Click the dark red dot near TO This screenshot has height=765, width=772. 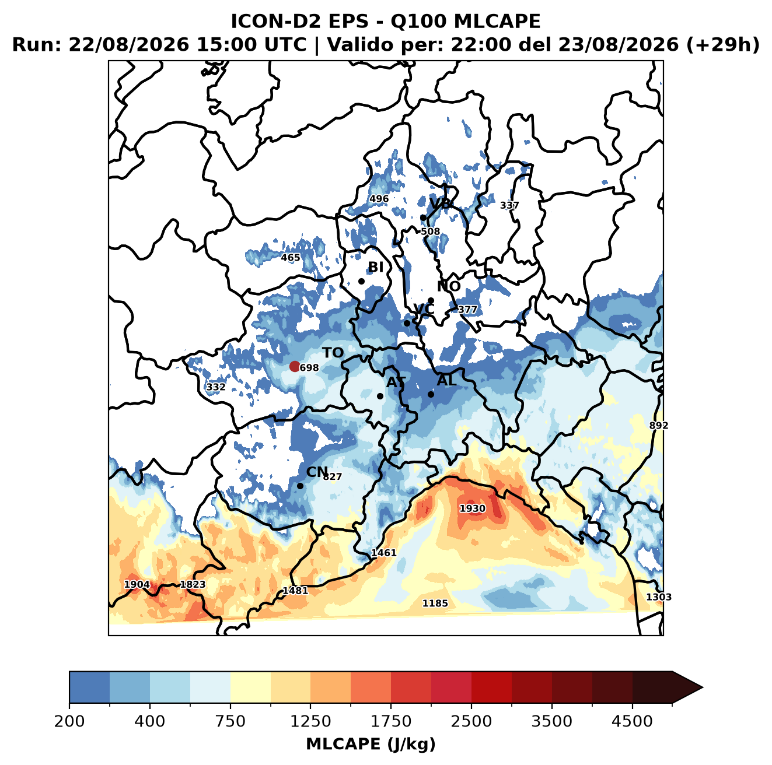tap(295, 366)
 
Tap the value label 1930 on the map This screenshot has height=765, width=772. tap(472, 508)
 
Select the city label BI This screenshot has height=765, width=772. tap(375, 267)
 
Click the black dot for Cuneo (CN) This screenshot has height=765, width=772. tap(300, 486)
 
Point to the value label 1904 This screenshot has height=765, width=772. tap(137, 584)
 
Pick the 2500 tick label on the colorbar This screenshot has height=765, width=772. tap(471, 721)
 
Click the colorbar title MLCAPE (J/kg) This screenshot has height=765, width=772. tap(371, 744)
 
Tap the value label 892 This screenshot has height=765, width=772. tap(659, 426)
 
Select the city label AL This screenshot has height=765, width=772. tap(447, 380)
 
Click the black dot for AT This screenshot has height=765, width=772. tap(380, 396)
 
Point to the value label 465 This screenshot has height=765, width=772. tap(291, 258)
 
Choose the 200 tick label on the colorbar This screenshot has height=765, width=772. tap(69, 721)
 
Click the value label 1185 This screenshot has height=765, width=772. tap(435, 603)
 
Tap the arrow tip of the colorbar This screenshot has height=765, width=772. tap(703, 688)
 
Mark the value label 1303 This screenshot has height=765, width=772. tap(659, 597)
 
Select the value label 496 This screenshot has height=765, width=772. tap(379, 199)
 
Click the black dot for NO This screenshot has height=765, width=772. tap(431, 301)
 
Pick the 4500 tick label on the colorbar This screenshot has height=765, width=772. tap(632, 721)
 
